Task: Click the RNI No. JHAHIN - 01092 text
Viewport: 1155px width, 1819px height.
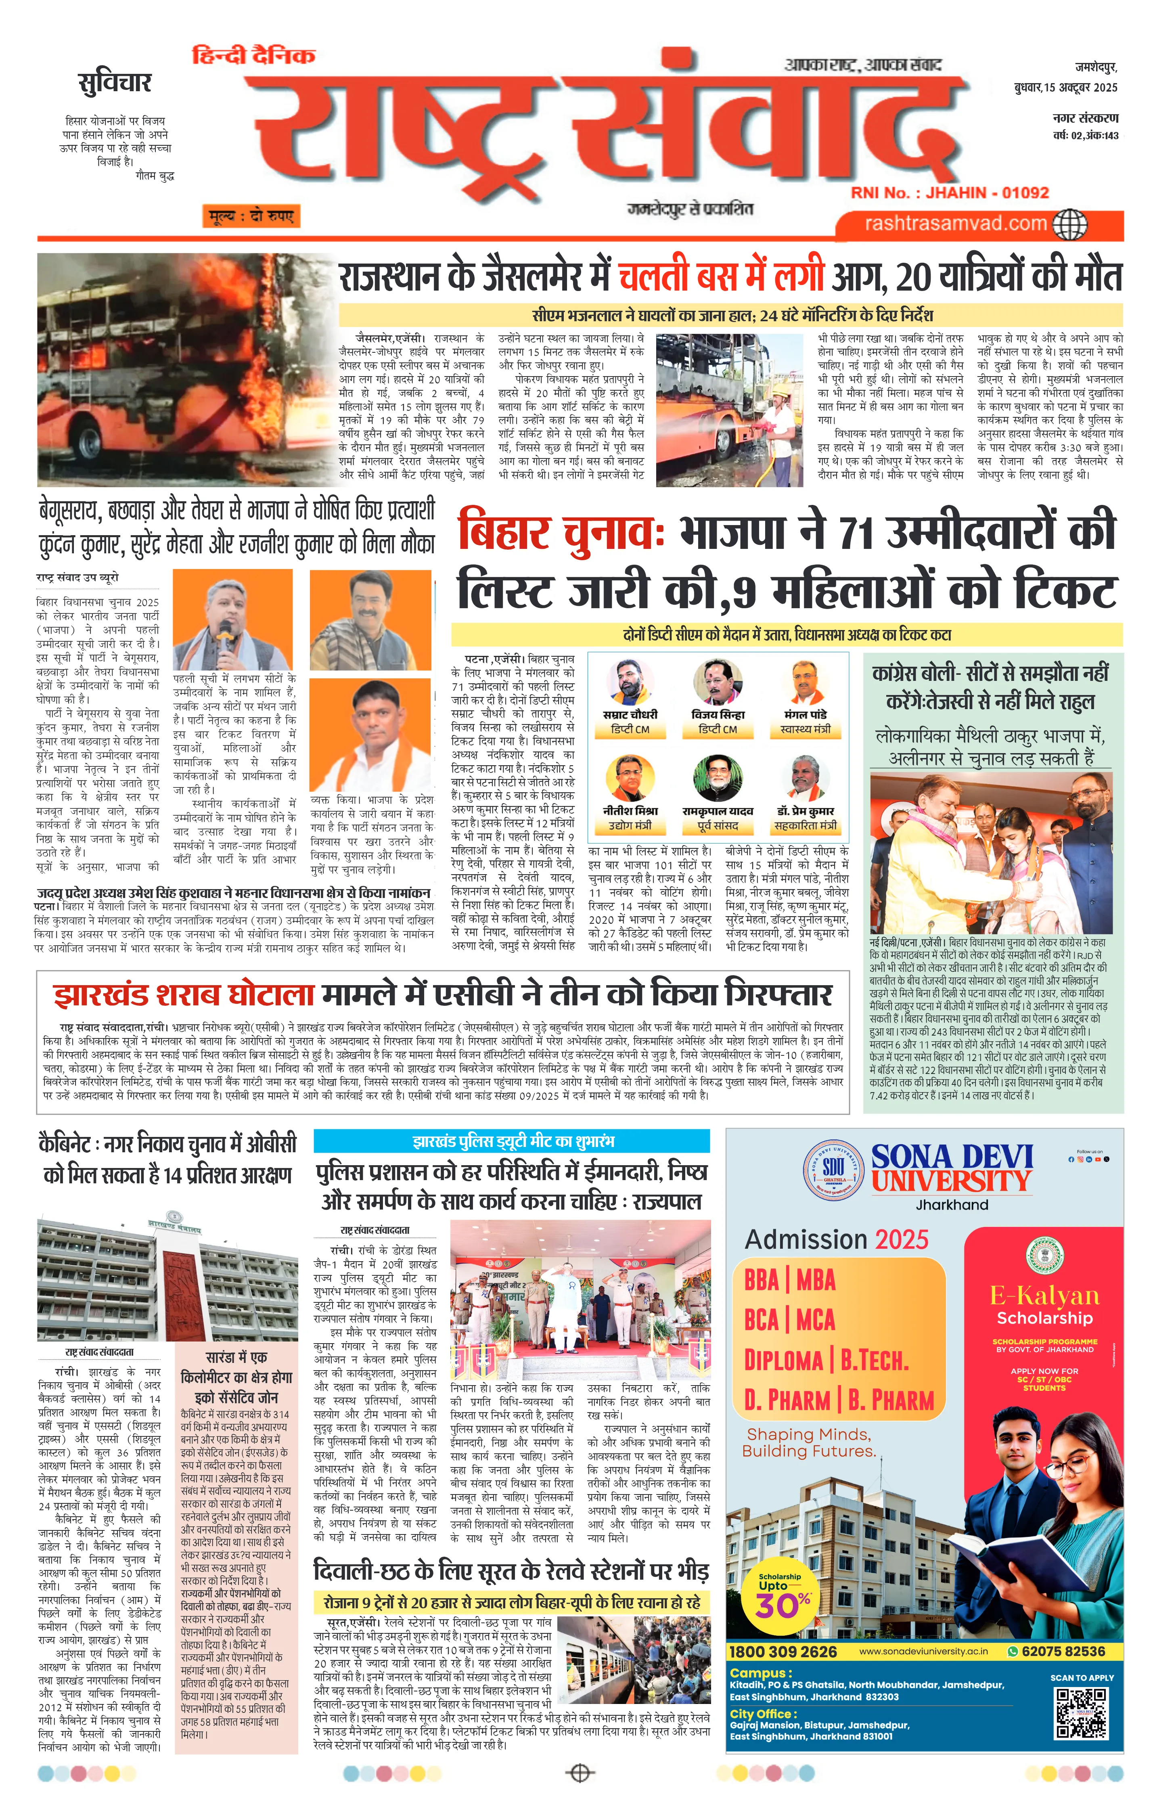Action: pos(950,193)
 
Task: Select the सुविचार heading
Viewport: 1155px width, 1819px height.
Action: pos(115,82)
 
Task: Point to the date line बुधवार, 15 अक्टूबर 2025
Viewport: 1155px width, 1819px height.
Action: pos(1065,88)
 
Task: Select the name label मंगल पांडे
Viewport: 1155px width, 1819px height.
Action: pos(805,714)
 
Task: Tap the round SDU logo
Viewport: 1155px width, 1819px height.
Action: pos(833,1168)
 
